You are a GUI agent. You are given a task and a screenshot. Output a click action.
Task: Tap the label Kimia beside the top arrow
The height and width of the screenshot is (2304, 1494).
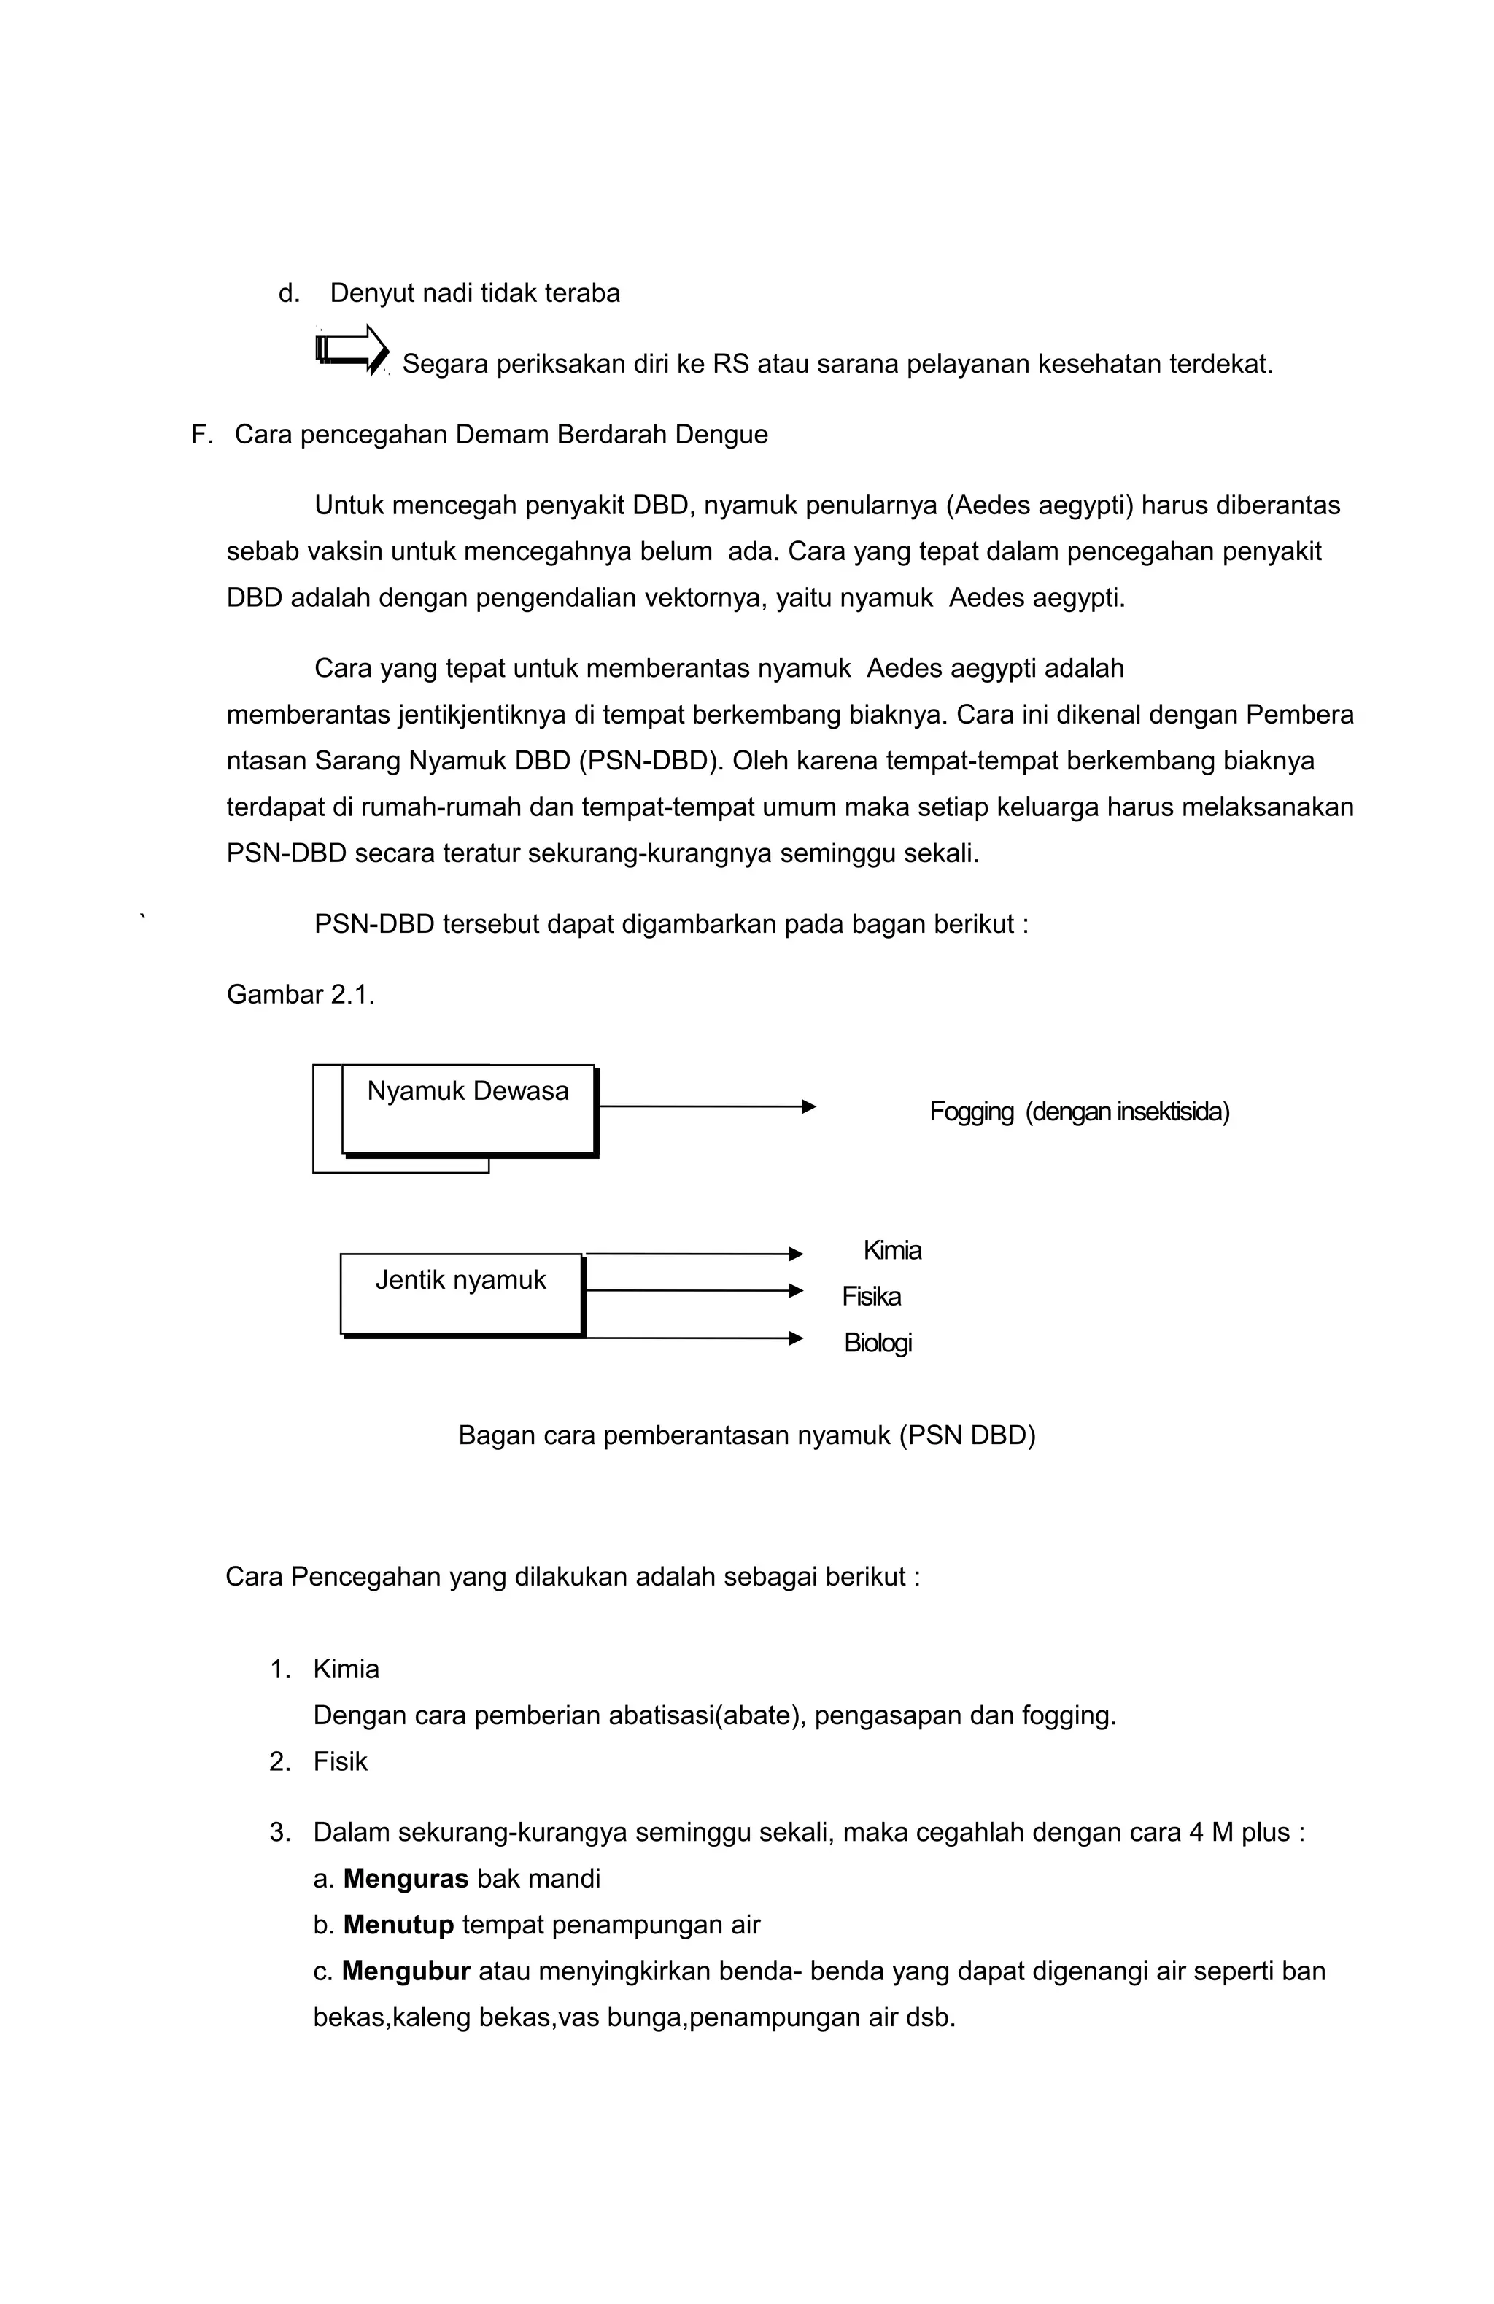pyautogui.click(x=891, y=1250)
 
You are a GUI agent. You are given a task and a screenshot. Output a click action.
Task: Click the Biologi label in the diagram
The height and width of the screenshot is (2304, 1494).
pyautogui.click(x=878, y=1342)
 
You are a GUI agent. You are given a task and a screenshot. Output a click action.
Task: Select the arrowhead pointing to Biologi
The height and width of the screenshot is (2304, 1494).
pyautogui.click(x=796, y=1337)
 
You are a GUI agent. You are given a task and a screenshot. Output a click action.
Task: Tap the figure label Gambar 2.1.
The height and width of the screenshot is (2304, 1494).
pyautogui.click(x=300, y=994)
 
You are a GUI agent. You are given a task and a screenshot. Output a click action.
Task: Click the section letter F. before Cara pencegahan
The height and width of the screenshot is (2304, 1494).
pyautogui.click(x=201, y=435)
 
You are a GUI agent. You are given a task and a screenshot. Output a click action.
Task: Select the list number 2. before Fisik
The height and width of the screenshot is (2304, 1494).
pyautogui.click(x=280, y=1761)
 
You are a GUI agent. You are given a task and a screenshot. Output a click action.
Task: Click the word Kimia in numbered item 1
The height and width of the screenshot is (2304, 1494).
pyautogui.click(x=346, y=1669)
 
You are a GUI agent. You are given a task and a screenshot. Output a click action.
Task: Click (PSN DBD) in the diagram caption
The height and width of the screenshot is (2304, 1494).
pyautogui.click(x=967, y=1435)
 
